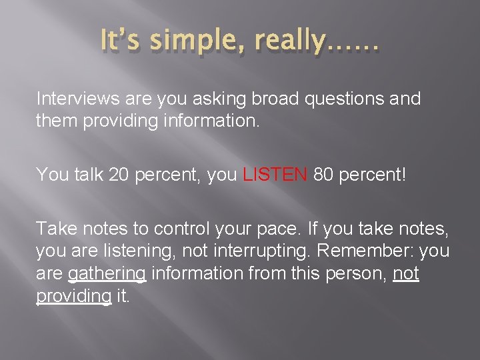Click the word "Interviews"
pos(78,99)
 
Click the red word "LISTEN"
pos(275,175)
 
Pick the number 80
pos(327,175)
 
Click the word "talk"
pos(77,175)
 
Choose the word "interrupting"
pos(266,252)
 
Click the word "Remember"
pos(373,251)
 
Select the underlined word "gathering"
pos(107,275)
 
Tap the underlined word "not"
pos(405,275)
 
